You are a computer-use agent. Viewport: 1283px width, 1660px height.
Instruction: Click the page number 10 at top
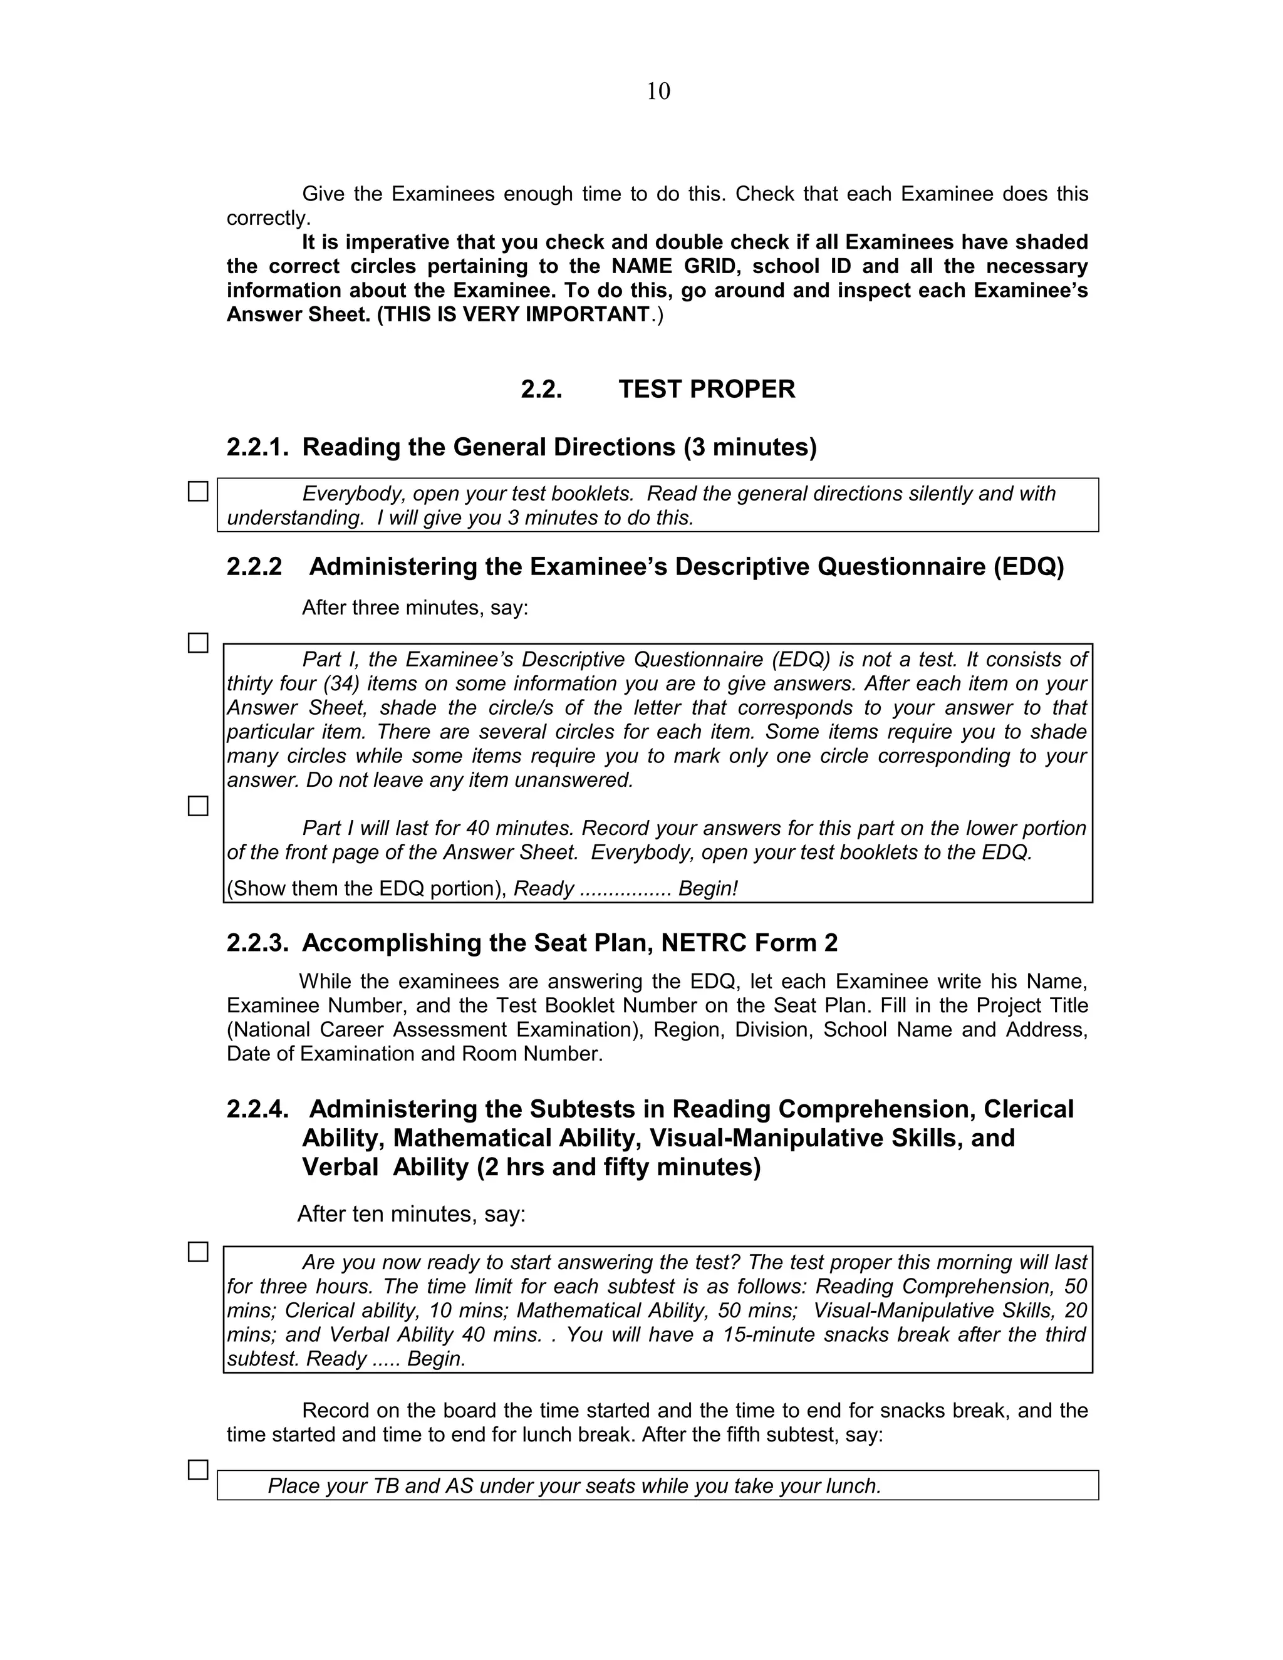[658, 92]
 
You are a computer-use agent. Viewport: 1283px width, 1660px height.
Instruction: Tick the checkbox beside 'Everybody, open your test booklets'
[197, 492]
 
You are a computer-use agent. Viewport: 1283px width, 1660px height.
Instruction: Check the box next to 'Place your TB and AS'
[197, 1470]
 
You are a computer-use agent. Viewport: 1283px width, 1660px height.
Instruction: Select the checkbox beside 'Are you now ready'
[197, 1252]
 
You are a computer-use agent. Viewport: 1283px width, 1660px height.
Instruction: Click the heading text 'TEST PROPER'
[706, 389]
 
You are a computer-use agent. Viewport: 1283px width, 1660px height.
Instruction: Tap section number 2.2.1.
[257, 447]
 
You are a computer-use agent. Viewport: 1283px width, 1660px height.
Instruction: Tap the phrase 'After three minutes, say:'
[414, 608]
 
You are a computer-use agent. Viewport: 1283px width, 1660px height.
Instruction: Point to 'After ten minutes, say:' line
[411, 1214]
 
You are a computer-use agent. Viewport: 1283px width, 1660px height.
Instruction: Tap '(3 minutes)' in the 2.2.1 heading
[749, 447]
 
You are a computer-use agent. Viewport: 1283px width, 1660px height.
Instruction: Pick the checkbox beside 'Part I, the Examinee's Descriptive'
[197, 643]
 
